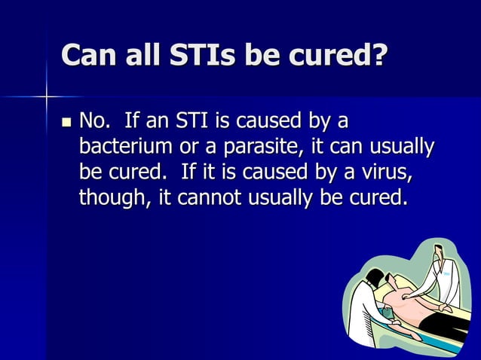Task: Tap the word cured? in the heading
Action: click(x=335, y=55)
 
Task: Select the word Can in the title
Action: click(x=89, y=55)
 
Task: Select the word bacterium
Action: click(x=127, y=147)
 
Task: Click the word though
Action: click(x=114, y=197)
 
